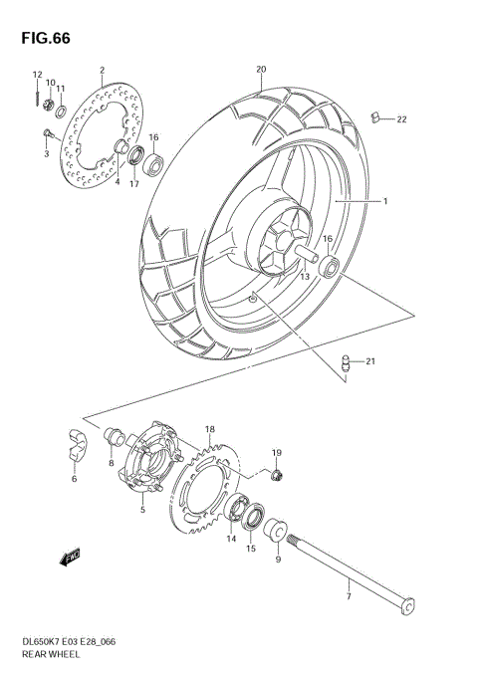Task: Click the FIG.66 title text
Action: [42, 37]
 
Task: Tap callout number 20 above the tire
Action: [260, 70]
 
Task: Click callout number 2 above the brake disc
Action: [102, 71]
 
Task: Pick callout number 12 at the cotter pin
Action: [36, 75]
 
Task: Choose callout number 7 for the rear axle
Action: [349, 597]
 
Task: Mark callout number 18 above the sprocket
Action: [210, 429]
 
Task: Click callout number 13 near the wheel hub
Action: [305, 276]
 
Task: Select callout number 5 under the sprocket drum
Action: [142, 510]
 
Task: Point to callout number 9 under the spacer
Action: [278, 559]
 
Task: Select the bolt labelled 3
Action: [46, 132]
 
